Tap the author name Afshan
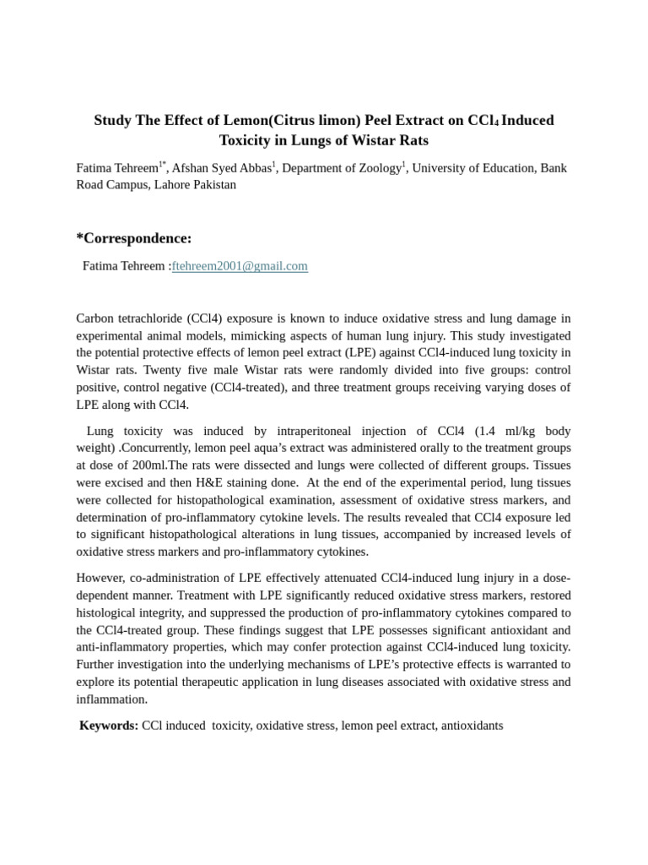point(192,168)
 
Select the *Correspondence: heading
point(134,238)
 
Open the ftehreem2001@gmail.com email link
point(240,266)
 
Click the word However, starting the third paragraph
point(105,578)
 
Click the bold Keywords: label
point(109,726)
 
